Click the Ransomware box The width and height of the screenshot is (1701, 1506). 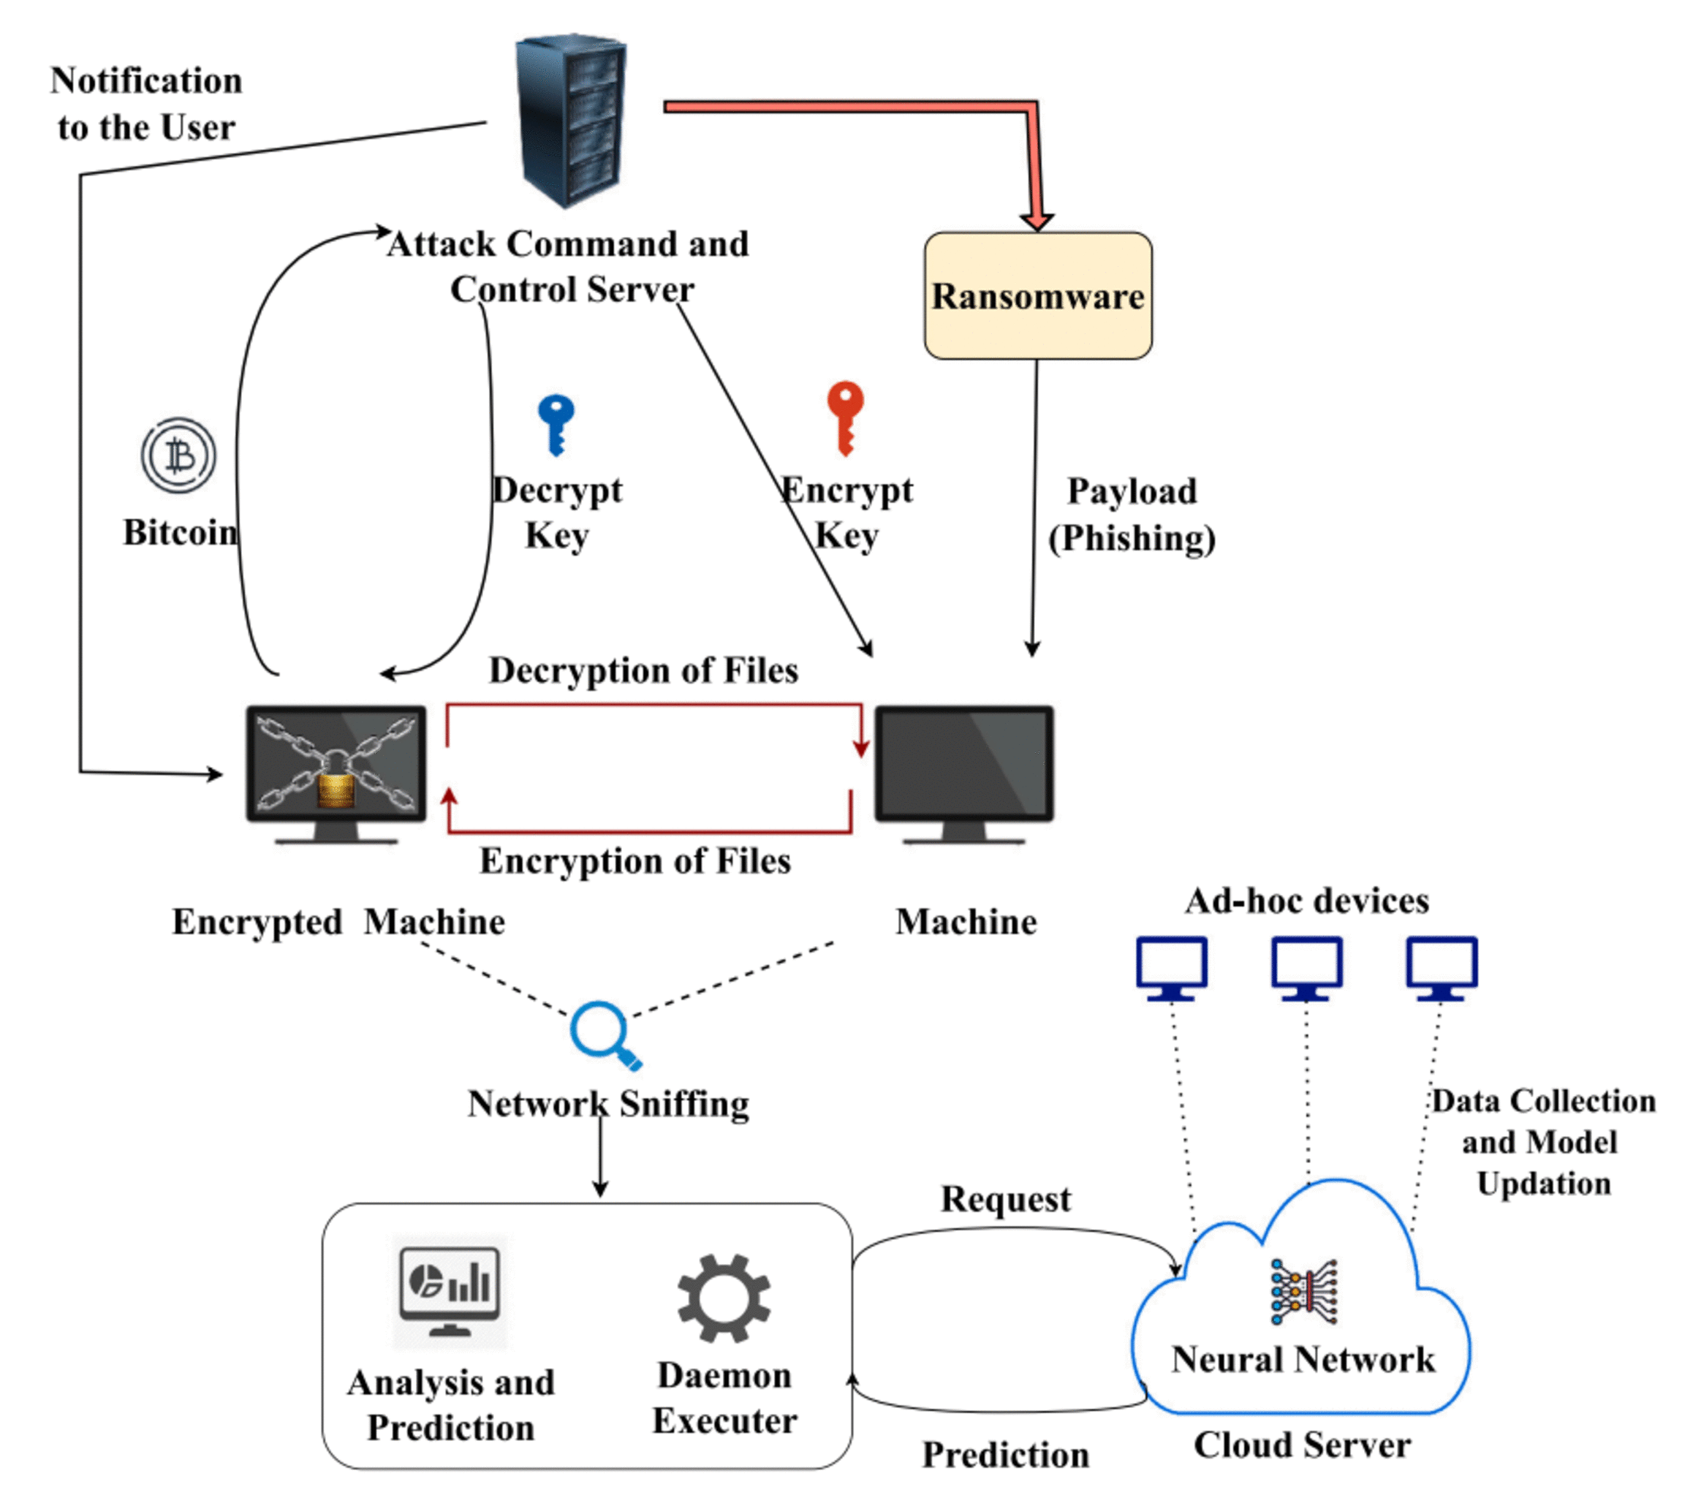pos(1038,295)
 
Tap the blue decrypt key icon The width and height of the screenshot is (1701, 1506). pos(556,423)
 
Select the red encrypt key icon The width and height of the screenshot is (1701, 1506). pos(846,416)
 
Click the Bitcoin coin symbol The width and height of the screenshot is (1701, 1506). pos(178,455)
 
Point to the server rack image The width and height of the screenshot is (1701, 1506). pos(571,121)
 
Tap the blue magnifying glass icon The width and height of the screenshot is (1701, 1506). pos(602,1034)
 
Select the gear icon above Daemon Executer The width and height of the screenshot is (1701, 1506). pos(723,1298)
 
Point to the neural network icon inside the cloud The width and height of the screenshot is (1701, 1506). pos(1303,1291)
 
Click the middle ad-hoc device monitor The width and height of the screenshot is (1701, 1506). pos(1306,966)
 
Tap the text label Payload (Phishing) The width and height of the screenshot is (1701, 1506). pos(1132,515)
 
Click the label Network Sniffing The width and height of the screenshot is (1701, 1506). pos(608,1104)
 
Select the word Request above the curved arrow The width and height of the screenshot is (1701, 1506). pos(1005,1199)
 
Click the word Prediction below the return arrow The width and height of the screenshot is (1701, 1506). pos(1005,1454)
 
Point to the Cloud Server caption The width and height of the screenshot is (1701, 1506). pos(1303,1445)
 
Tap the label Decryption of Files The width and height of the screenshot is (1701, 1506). pos(643,670)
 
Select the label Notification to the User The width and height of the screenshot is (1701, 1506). pos(146,104)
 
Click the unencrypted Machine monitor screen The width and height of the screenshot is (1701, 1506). pos(963,764)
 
